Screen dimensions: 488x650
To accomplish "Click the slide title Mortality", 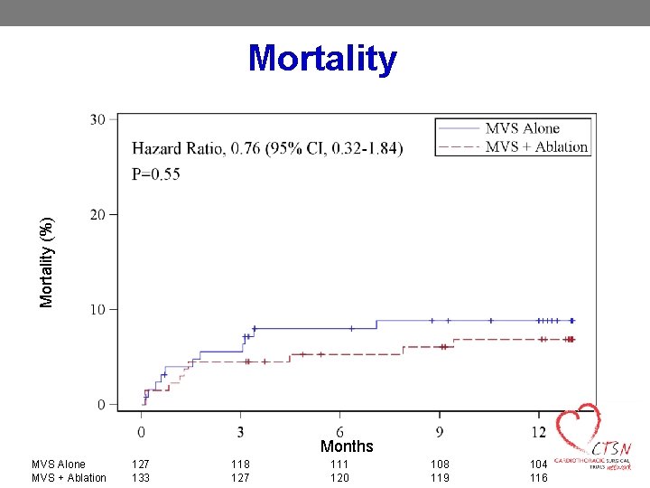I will tap(322, 58).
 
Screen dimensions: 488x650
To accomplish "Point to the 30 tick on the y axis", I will tap(97, 119).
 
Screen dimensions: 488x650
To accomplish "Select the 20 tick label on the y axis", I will tap(97, 214).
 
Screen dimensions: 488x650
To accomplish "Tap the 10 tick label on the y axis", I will tap(97, 309).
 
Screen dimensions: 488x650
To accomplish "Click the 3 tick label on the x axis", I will tap(240, 431).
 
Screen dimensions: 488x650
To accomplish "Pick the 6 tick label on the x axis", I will tap(339, 431).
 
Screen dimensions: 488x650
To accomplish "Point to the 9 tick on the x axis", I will tap(439, 431).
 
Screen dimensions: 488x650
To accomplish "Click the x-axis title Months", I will tap(347, 446).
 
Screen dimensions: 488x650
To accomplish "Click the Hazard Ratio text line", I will tap(267, 147).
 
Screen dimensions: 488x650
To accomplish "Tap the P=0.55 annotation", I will tap(155, 174).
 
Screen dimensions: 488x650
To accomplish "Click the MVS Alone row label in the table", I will tap(59, 465).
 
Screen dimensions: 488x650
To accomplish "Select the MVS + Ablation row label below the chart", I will tap(69, 478).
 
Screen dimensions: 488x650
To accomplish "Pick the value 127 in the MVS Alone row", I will tap(141, 465).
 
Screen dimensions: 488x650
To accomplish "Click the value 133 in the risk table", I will tap(141, 478).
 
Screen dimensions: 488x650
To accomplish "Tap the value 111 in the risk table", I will tap(339, 465).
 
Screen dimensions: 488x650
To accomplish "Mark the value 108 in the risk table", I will tap(439, 465).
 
